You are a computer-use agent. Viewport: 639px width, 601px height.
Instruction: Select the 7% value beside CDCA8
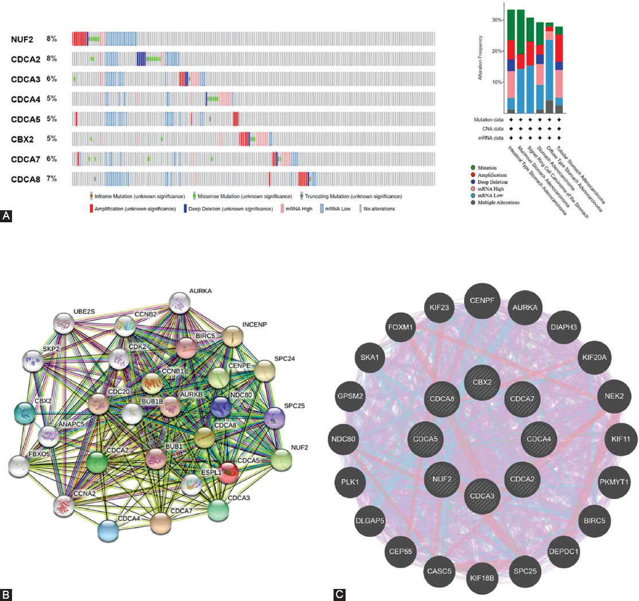point(52,179)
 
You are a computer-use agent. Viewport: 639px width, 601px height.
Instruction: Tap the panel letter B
point(6,595)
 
